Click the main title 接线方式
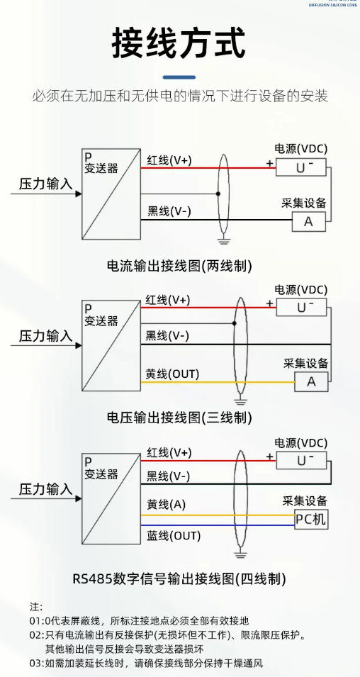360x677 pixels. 179,43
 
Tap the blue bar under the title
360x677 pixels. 179,77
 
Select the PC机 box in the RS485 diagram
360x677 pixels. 310,520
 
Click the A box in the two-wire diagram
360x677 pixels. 308,221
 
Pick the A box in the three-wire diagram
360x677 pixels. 311,381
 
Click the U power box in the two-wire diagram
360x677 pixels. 301,167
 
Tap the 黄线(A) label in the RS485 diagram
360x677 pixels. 167,504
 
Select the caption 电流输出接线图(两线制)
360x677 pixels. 179,266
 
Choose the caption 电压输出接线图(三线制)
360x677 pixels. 179,418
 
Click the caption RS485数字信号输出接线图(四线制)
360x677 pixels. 179,578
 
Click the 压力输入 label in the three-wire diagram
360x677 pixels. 45,336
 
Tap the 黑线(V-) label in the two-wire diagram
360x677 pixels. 169,211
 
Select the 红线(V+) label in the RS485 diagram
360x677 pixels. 169,452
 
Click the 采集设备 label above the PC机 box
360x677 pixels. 305,501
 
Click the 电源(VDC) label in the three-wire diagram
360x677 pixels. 301,289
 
